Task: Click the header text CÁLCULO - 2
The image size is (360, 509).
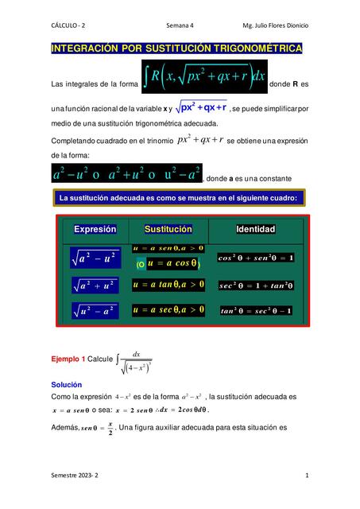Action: [x=69, y=25]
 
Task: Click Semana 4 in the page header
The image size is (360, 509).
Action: [x=185, y=25]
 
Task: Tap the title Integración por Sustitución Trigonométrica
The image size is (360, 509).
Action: [x=176, y=49]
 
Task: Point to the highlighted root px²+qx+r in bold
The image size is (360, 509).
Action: [x=203, y=107]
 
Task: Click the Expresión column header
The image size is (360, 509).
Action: [x=95, y=230]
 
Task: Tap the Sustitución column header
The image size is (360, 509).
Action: [x=168, y=230]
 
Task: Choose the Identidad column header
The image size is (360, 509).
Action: [x=255, y=230]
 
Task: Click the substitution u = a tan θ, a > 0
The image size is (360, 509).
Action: [x=168, y=284]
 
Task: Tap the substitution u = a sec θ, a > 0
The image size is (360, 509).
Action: [x=168, y=309]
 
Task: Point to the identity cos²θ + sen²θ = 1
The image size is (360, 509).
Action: [x=256, y=258]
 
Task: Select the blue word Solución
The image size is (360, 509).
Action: [x=67, y=384]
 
